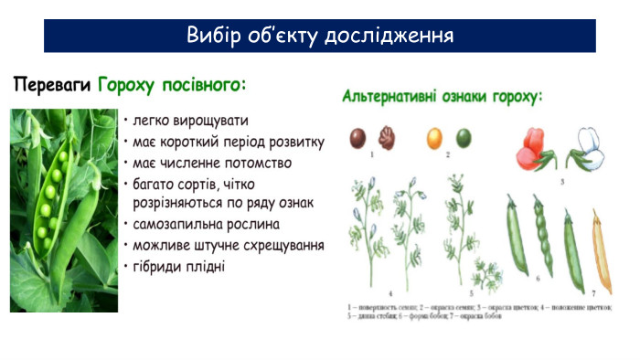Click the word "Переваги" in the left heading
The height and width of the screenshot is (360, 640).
pos(51,85)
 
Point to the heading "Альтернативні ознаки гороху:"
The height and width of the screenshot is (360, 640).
pos(443,95)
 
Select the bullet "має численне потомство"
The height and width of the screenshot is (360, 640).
pos(212,163)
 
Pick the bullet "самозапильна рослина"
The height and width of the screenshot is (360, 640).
pos(206,224)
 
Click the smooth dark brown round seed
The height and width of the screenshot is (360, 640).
pos(358,138)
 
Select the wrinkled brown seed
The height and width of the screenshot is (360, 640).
pos(387,138)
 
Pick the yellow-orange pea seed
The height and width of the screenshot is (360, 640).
pos(435,138)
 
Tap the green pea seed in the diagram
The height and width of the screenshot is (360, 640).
pos(465,139)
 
